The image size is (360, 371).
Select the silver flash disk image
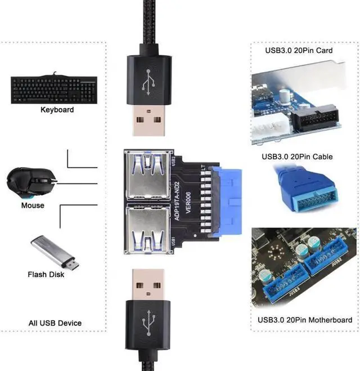point(55,253)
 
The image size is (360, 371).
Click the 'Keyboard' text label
point(57,110)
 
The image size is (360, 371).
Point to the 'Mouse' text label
point(33,205)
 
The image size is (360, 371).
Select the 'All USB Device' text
point(55,323)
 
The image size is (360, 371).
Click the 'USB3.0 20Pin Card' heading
point(299,50)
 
